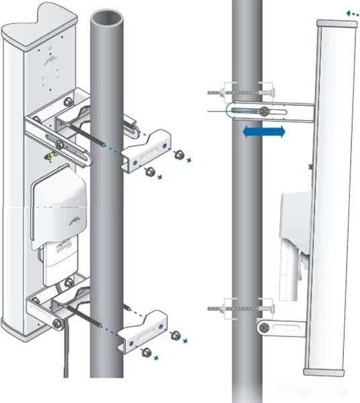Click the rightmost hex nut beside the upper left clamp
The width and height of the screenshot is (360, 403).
[x=179, y=155]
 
